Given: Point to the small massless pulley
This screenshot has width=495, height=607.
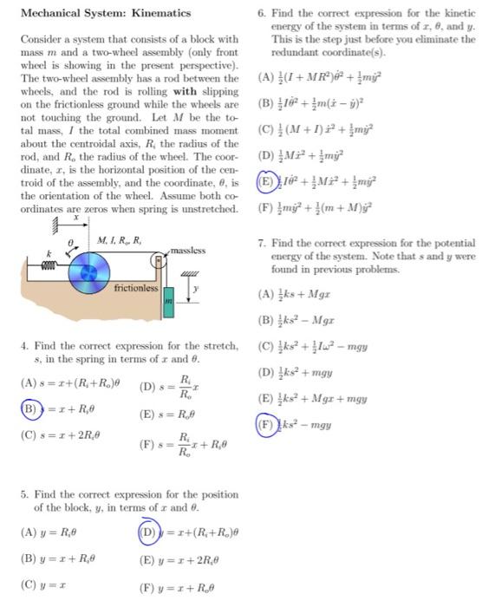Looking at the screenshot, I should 160,258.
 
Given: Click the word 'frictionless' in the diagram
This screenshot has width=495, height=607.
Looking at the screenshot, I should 137,287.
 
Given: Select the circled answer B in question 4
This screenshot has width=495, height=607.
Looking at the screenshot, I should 29,405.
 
